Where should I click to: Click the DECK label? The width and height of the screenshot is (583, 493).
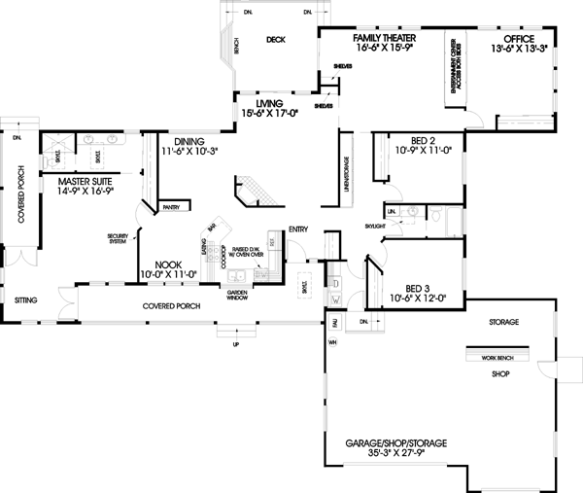(x=274, y=40)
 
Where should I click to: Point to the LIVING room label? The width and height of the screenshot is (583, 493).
(x=269, y=102)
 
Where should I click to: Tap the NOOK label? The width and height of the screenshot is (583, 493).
(x=170, y=264)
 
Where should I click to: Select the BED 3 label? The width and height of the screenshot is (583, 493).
(x=419, y=288)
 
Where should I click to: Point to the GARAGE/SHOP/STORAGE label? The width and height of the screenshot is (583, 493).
(x=395, y=443)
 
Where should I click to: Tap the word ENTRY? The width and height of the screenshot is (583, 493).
(x=297, y=229)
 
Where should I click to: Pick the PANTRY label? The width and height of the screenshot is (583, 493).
(x=172, y=207)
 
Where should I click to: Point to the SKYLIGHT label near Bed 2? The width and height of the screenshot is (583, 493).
(x=378, y=225)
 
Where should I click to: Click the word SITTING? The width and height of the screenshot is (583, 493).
(x=25, y=301)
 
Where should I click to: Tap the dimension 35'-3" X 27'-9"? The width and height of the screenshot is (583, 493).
(x=395, y=454)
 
